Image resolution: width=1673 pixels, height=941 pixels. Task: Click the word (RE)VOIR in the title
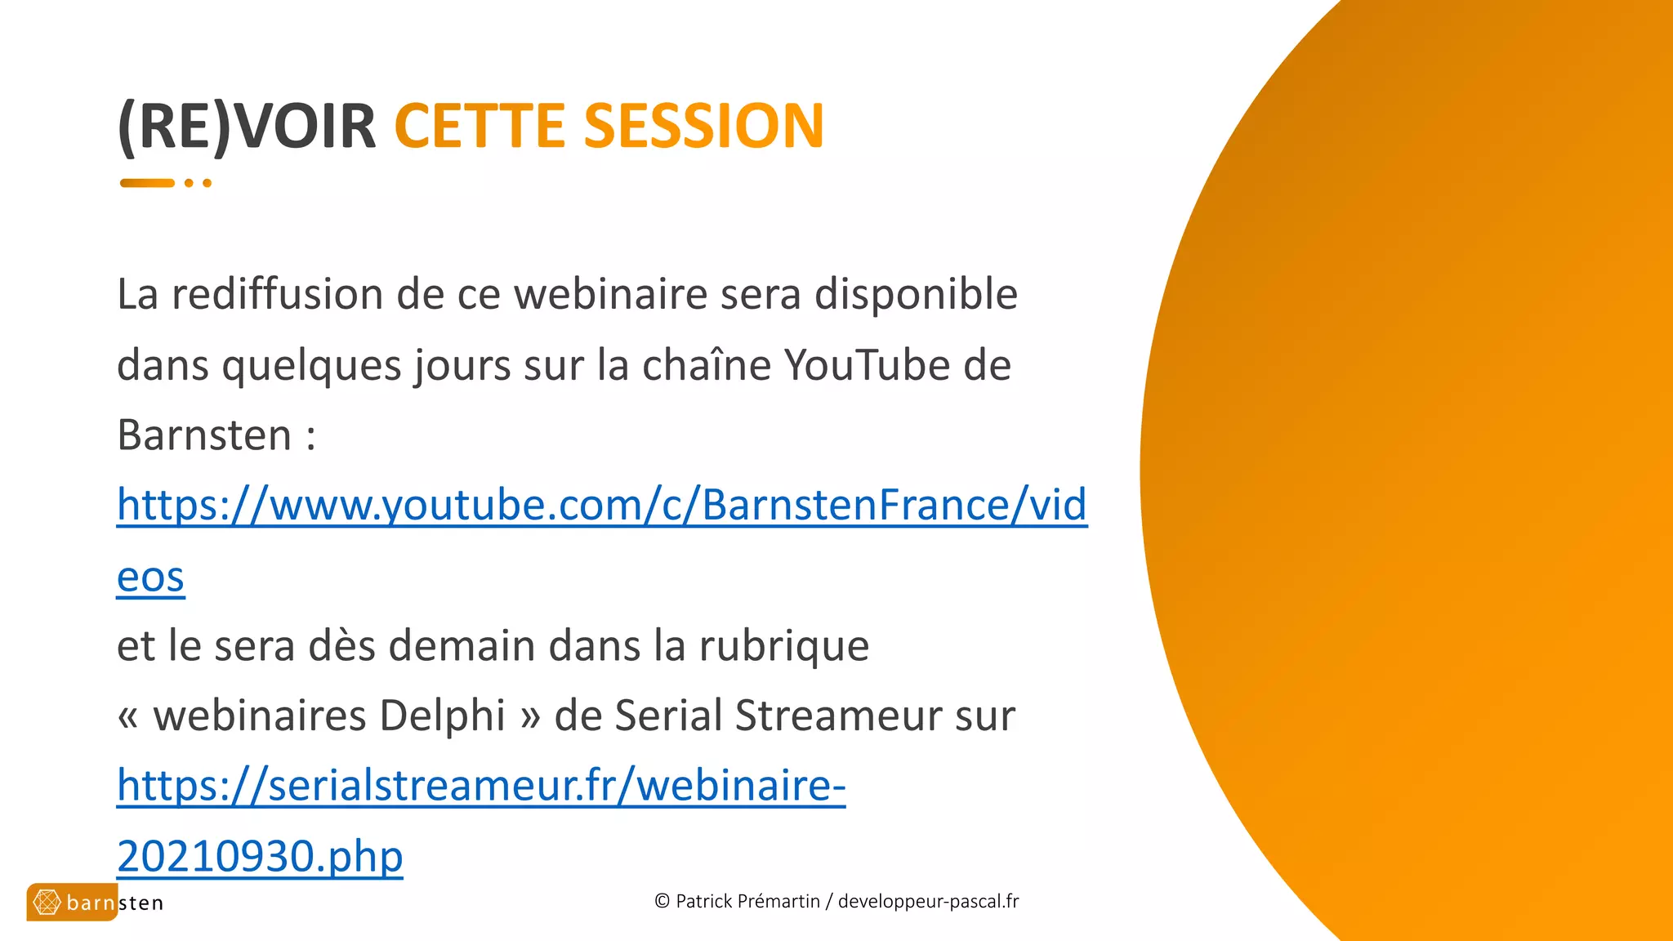pos(247,127)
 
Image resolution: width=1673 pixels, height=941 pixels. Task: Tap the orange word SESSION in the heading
pos(703,127)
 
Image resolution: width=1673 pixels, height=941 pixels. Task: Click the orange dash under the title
pos(147,183)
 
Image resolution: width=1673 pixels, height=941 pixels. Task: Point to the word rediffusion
pos(277,294)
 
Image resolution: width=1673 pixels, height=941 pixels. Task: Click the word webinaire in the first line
pos(609,294)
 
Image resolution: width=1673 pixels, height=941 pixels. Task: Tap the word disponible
pos(916,294)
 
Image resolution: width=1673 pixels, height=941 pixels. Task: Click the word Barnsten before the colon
pos(204,435)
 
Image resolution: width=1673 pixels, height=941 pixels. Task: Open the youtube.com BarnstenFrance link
pos(601,505)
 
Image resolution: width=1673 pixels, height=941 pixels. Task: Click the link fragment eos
pos(150,577)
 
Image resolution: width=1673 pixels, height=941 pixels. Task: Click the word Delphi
pos(442,716)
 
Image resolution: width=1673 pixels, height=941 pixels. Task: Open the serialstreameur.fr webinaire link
pos(480,786)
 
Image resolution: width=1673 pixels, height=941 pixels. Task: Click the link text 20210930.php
pos(260,856)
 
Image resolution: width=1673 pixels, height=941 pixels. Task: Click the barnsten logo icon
pos(47,902)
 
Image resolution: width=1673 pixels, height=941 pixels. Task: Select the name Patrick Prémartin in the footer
pos(747,902)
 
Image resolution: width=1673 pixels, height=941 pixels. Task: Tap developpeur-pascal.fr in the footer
pos(928,902)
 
